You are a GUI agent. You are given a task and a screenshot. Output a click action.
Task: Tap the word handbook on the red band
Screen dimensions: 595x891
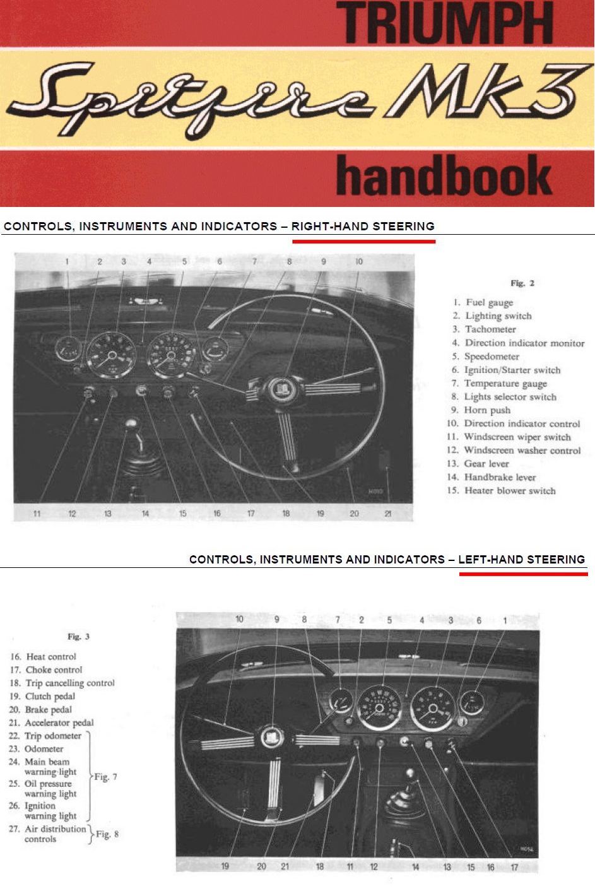[444, 175]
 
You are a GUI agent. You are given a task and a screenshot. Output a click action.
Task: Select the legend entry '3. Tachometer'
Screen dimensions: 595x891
[484, 329]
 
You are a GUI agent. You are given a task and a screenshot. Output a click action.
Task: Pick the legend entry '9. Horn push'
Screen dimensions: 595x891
[481, 410]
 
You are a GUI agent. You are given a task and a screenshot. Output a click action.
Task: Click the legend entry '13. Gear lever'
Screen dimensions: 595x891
[478, 464]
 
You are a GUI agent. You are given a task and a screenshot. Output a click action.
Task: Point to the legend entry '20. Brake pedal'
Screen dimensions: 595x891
[40, 710]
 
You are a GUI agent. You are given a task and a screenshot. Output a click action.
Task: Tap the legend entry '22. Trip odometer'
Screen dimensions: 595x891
[45, 736]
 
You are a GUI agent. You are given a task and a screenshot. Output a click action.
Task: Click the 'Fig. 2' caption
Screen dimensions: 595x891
[522, 283]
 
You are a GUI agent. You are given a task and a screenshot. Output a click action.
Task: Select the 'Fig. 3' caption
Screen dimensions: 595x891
[78, 637]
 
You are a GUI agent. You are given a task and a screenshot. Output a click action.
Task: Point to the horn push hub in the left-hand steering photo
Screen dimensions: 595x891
[273, 738]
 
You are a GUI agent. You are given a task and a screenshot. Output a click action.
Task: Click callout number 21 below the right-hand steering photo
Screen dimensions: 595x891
[388, 514]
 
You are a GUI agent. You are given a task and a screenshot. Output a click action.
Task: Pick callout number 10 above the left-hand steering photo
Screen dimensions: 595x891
[239, 619]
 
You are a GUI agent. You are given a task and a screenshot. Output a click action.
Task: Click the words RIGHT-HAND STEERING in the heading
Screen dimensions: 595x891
[363, 227]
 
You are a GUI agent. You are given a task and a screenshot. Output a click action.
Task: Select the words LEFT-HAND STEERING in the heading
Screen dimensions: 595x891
[521, 559]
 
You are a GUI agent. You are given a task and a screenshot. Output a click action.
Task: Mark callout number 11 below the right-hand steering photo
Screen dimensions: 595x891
[37, 514]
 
